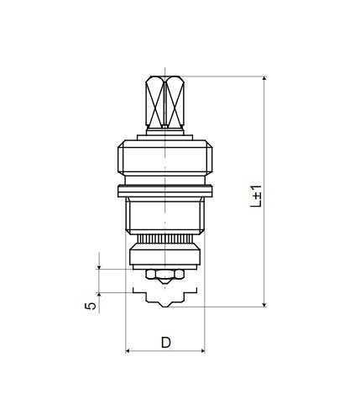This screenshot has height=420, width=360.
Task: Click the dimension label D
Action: point(165,342)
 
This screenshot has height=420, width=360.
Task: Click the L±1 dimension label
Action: point(256,196)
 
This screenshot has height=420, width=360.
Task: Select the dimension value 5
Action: point(90,306)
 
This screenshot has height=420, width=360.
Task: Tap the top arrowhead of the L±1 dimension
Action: point(264,78)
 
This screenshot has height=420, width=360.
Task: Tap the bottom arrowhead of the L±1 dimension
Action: point(264,304)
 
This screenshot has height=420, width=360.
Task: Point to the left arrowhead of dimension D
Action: point(128,350)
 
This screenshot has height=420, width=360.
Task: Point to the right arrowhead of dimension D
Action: point(202,350)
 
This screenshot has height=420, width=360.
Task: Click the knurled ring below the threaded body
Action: point(165,239)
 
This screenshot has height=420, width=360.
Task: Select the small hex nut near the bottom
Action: point(165,274)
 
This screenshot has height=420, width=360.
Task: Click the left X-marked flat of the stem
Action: point(155,101)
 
